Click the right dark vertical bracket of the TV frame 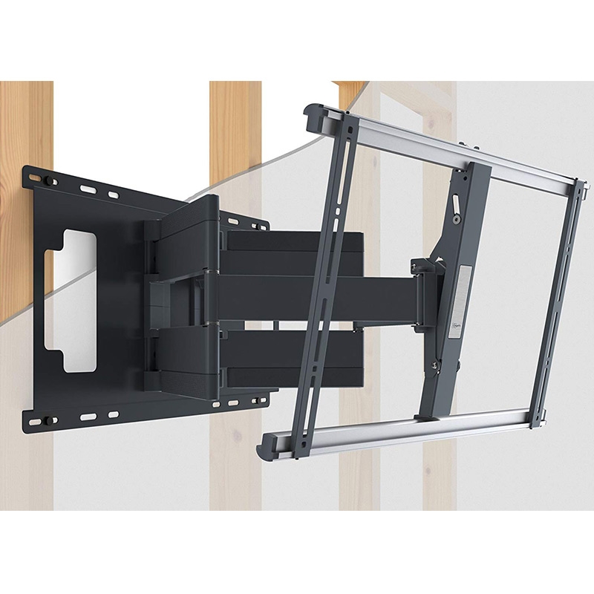[x=558, y=297]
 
